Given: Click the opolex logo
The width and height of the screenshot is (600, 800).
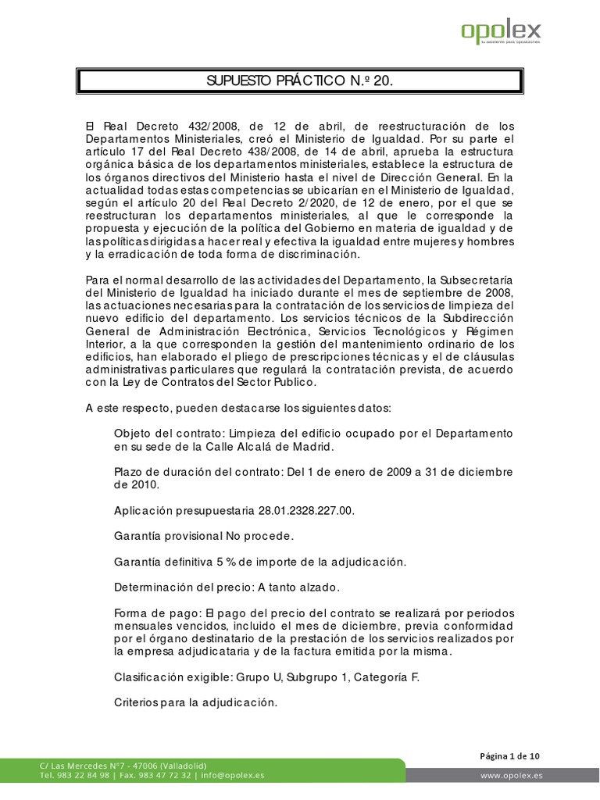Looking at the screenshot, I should point(500,33).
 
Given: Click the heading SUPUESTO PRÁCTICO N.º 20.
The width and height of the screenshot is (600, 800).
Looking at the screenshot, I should point(300,81).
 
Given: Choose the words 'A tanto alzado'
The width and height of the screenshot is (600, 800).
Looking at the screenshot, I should point(297,587).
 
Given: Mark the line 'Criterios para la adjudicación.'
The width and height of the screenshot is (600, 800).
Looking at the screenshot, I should point(196,702).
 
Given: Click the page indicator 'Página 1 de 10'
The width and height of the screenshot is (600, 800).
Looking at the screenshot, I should point(509,755).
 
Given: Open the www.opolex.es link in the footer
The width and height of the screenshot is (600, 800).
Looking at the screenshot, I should point(512,775).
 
